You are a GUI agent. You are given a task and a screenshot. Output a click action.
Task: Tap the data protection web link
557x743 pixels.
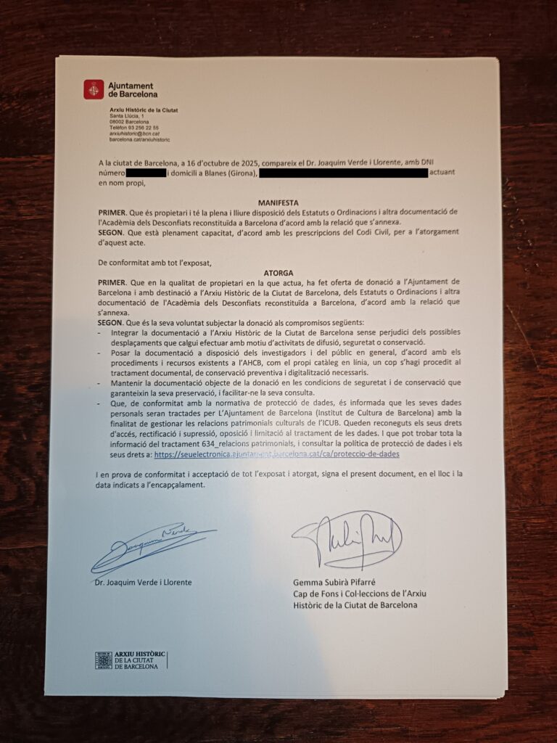276,453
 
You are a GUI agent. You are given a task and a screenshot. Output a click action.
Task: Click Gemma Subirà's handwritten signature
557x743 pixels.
347,538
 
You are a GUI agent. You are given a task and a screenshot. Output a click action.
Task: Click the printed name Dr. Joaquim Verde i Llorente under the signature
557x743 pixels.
143,582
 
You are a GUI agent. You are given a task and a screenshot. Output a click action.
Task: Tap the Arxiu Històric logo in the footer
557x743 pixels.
131,660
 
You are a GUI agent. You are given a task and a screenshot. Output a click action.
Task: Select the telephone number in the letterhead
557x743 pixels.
134,128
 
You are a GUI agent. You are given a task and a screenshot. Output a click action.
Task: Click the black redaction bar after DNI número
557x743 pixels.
146,173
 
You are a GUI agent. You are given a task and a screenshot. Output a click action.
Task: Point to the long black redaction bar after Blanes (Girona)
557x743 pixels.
343,173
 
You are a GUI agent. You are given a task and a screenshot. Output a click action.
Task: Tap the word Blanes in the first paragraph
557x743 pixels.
207,174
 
